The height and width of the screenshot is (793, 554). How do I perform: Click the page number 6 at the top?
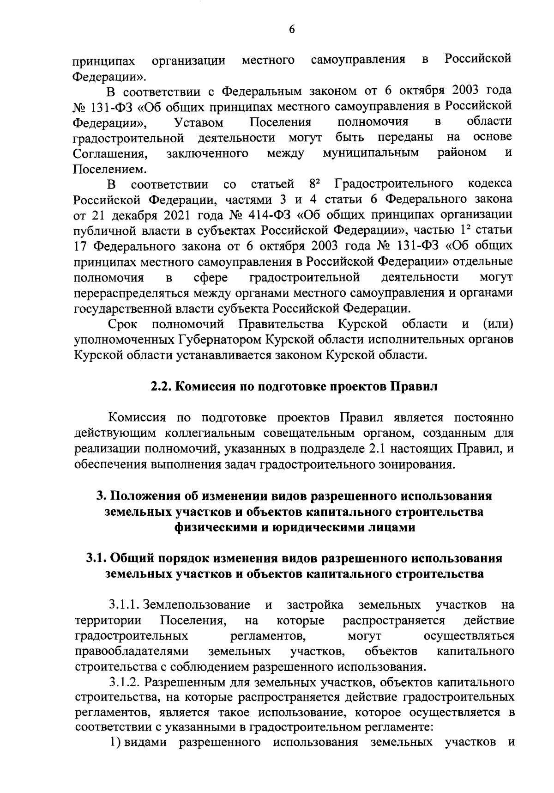tap(291, 29)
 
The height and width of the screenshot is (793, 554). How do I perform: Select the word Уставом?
tap(199, 122)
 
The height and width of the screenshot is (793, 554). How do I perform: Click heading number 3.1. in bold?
tap(97, 558)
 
